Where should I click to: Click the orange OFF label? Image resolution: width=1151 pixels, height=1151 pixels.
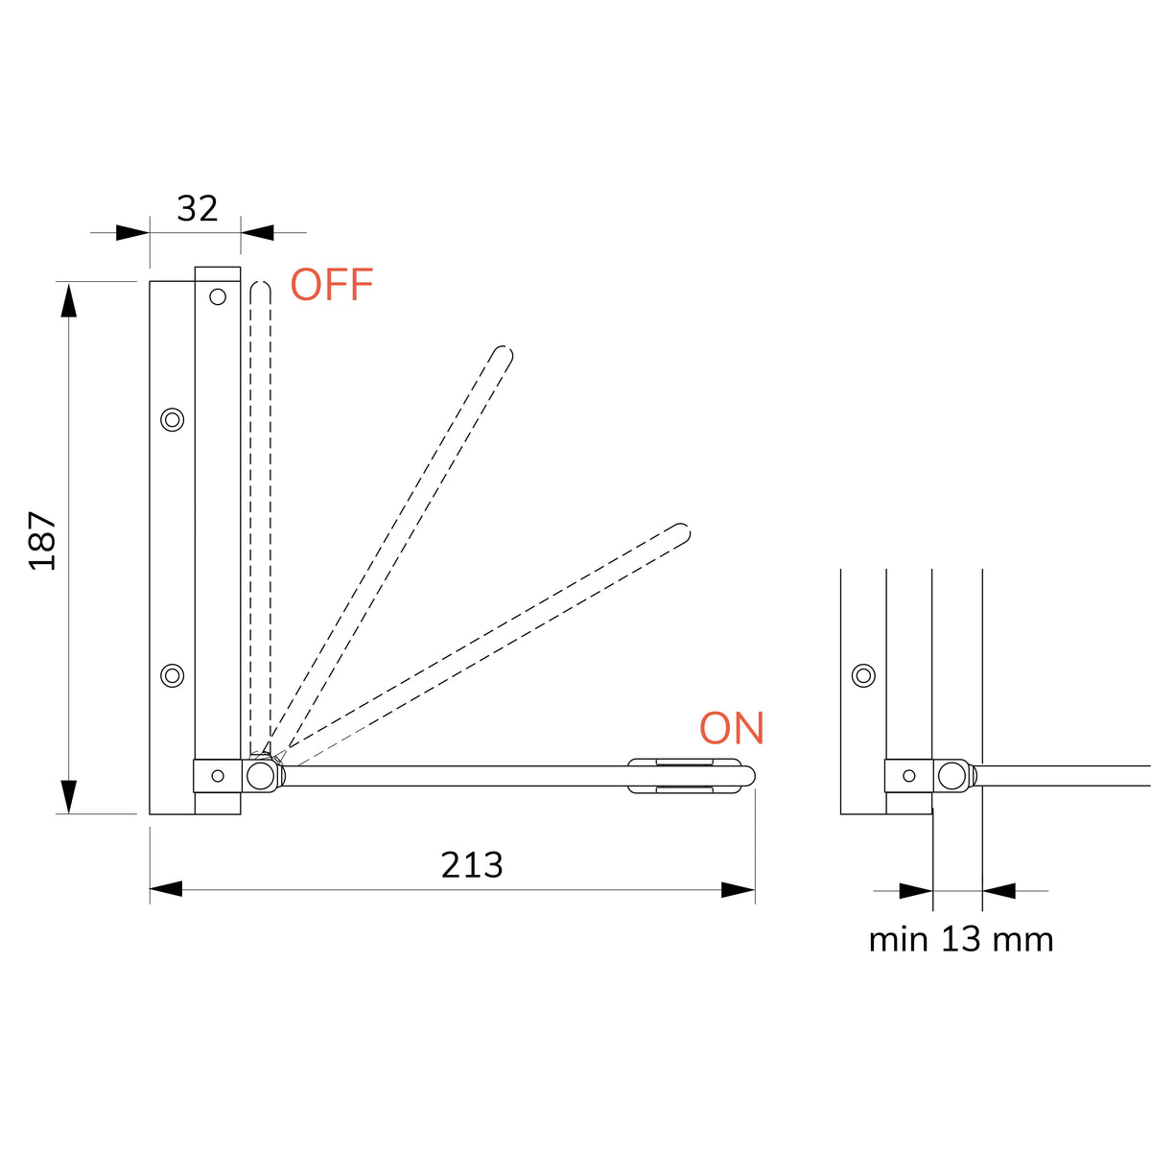pyautogui.click(x=332, y=284)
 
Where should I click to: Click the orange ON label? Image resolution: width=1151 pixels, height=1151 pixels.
pyautogui.click(x=732, y=728)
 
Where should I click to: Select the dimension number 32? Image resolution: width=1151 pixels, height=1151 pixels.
pyautogui.click(x=198, y=208)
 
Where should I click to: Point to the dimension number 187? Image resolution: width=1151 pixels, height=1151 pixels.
pyautogui.click(x=43, y=541)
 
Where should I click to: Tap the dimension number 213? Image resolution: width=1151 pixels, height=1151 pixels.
pyautogui.click(x=472, y=865)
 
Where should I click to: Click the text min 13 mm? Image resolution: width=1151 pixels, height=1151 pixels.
pyautogui.click(x=960, y=940)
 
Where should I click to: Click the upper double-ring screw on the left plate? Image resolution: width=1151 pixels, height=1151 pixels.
pyautogui.click(x=173, y=419)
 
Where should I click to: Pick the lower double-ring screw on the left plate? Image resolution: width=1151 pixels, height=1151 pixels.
pyautogui.click(x=173, y=675)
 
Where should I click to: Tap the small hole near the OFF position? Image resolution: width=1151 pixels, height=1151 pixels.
pyautogui.click(x=218, y=296)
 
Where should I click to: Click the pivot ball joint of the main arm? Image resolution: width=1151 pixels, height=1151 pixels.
pyautogui.click(x=261, y=776)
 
